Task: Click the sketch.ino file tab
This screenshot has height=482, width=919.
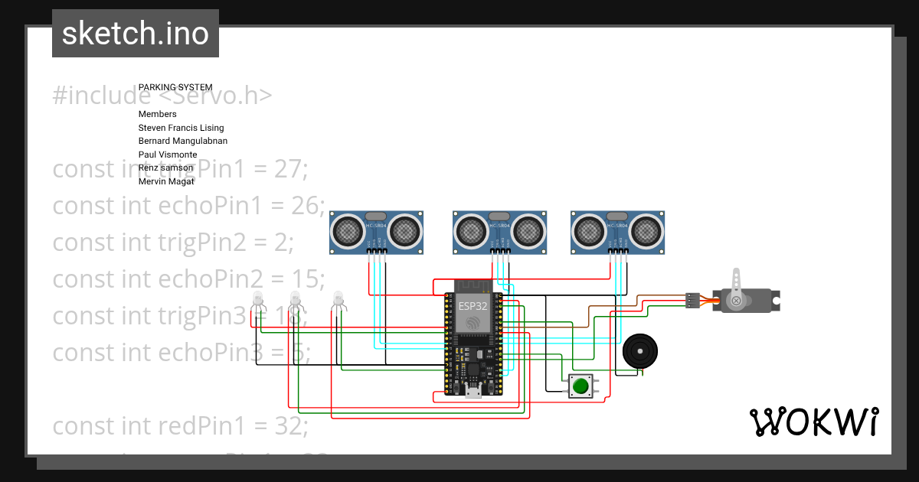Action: tap(136, 34)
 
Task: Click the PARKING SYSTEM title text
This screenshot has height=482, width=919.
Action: tap(175, 87)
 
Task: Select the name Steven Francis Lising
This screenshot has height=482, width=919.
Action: tap(181, 128)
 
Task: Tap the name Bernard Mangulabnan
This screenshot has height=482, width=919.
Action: tap(182, 141)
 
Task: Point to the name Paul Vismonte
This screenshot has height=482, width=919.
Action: tap(168, 155)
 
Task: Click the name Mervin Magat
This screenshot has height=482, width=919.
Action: tap(166, 181)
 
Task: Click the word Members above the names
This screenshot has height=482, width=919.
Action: tap(157, 114)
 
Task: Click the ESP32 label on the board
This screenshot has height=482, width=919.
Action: tap(473, 305)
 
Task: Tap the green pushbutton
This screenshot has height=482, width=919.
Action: tap(581, 386)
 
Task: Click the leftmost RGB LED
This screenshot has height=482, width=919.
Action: tap(257, 300)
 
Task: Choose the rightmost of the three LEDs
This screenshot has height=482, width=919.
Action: tap(338, 300)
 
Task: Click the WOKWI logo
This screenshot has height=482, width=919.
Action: tap(813, 422)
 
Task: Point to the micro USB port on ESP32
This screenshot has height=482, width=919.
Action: tap(473, 392)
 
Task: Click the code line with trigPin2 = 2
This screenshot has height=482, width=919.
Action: tap(173, 242)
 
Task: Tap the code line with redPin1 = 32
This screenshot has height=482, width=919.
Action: tap(180, 425)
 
